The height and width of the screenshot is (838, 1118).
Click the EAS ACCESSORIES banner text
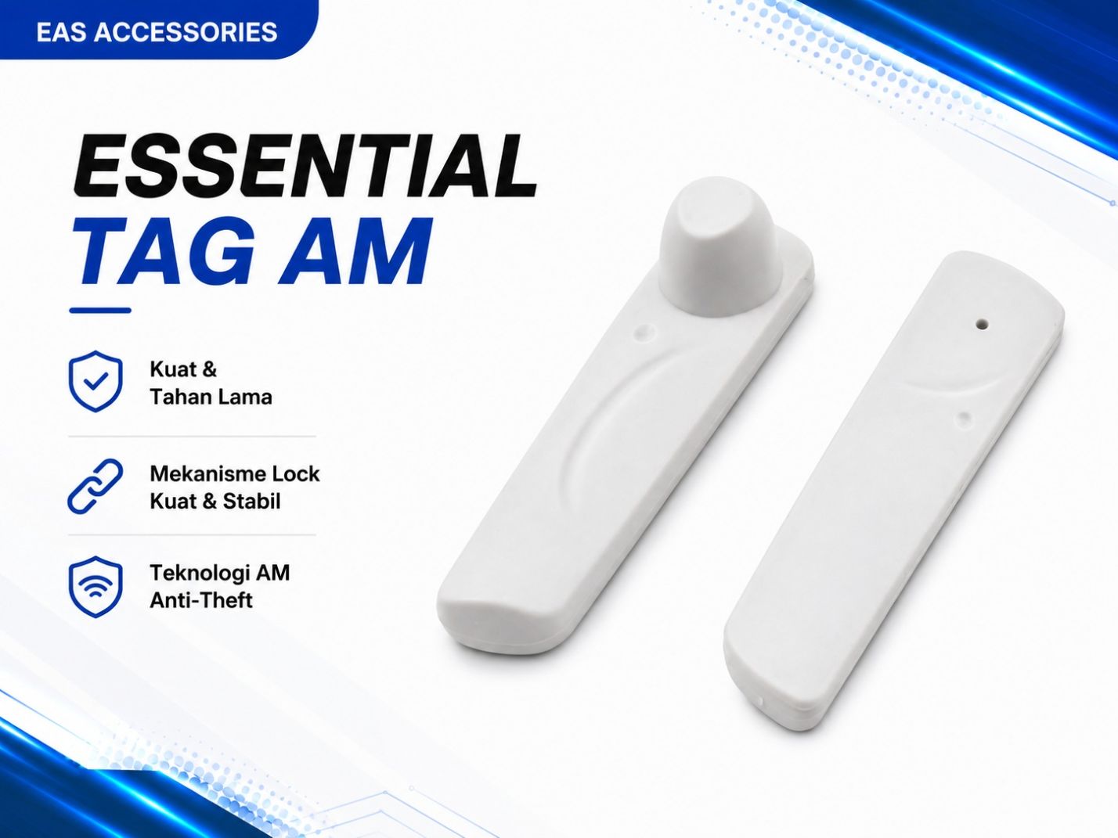click(x=157, y=31)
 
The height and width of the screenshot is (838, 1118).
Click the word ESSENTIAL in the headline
click(x=305, y=167)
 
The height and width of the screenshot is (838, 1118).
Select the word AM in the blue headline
click(x=352, y=251)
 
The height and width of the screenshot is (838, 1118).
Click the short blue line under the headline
click(x=100, y=311)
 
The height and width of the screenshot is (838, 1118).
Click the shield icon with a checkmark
click(x=96, y=380)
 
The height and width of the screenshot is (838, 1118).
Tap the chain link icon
click(x=96, y=486)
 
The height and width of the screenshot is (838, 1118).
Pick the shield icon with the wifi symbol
click(x=96, y=587)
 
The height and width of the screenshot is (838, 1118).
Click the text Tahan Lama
click(x=211, y=397)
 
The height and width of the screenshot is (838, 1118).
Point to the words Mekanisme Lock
click(x=235, y=474)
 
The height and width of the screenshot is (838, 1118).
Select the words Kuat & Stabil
click(x=215, y=502)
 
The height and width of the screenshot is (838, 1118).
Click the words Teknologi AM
click(x=220, y=573)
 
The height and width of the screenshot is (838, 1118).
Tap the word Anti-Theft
click(x=201, y=600)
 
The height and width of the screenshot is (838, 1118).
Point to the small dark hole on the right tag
click(x=981, y=324)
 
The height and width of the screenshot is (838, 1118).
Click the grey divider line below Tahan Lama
click(x=192, y=437)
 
